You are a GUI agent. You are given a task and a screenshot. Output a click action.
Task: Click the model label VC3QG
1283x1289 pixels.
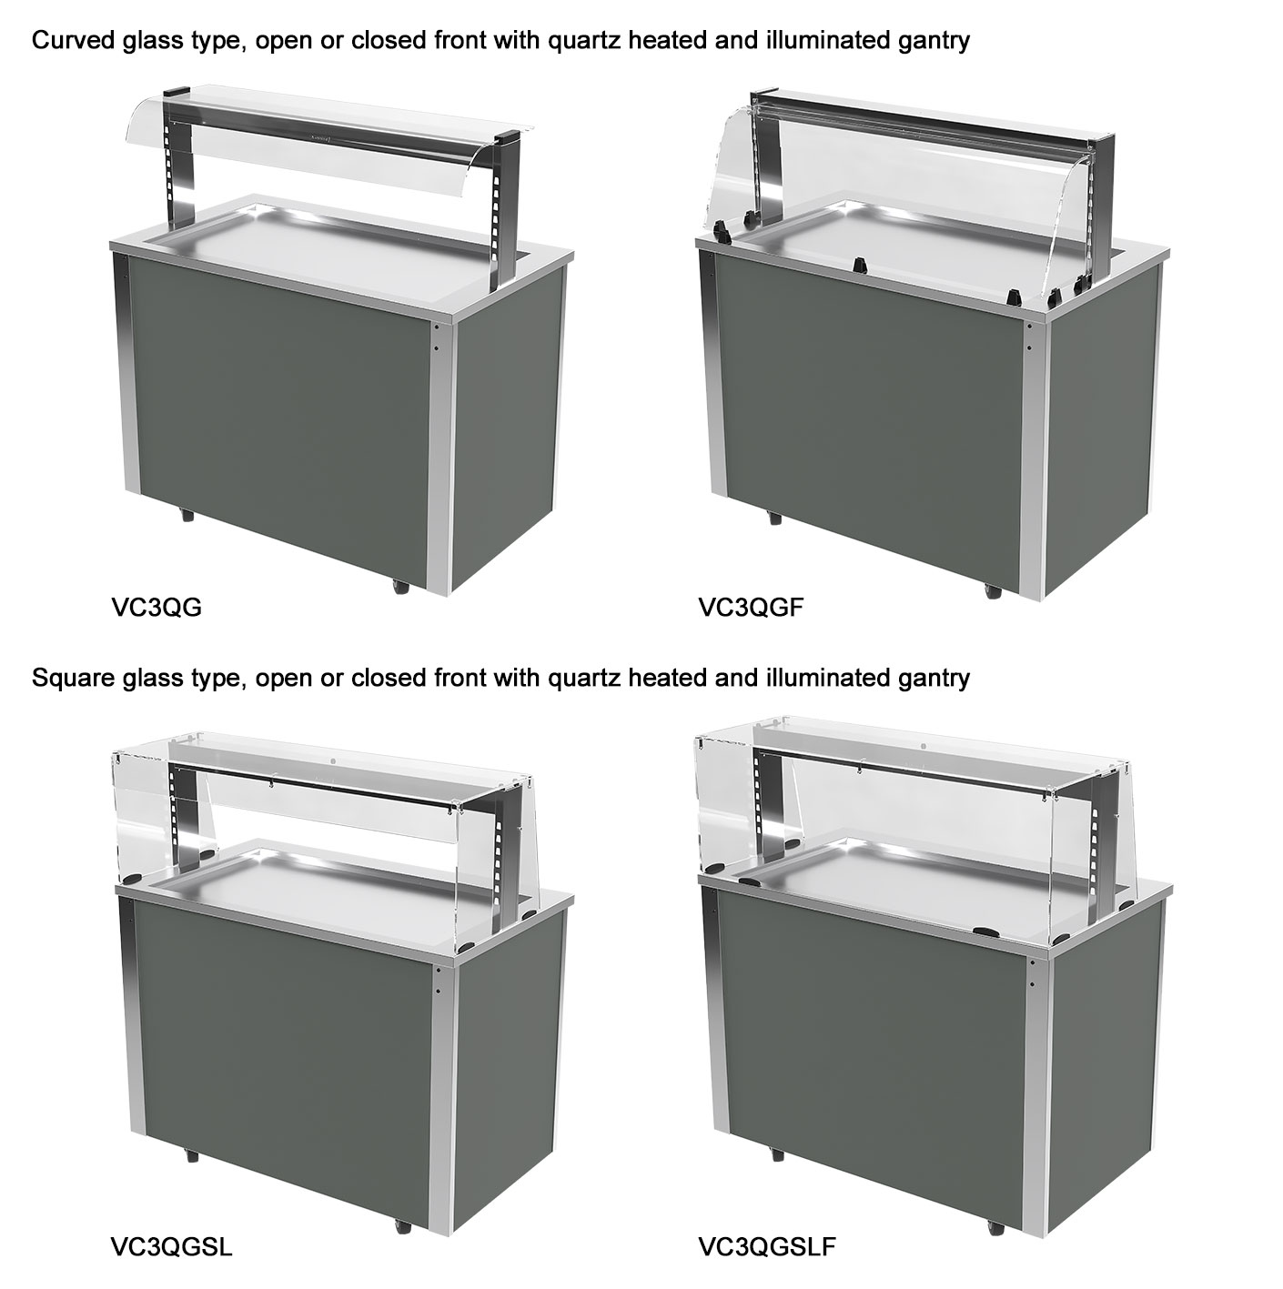(156, 608)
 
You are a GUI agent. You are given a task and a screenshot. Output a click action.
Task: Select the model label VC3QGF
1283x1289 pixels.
(751, 608)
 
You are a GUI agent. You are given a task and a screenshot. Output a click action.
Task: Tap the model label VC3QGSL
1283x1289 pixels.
(171, 1246)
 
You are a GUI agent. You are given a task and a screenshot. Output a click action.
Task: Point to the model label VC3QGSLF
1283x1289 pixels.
(767, 1246)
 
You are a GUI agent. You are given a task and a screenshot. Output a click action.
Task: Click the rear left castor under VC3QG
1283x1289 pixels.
(186, 516)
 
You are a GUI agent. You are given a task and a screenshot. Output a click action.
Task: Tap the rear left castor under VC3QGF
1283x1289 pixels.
(774, 517)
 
